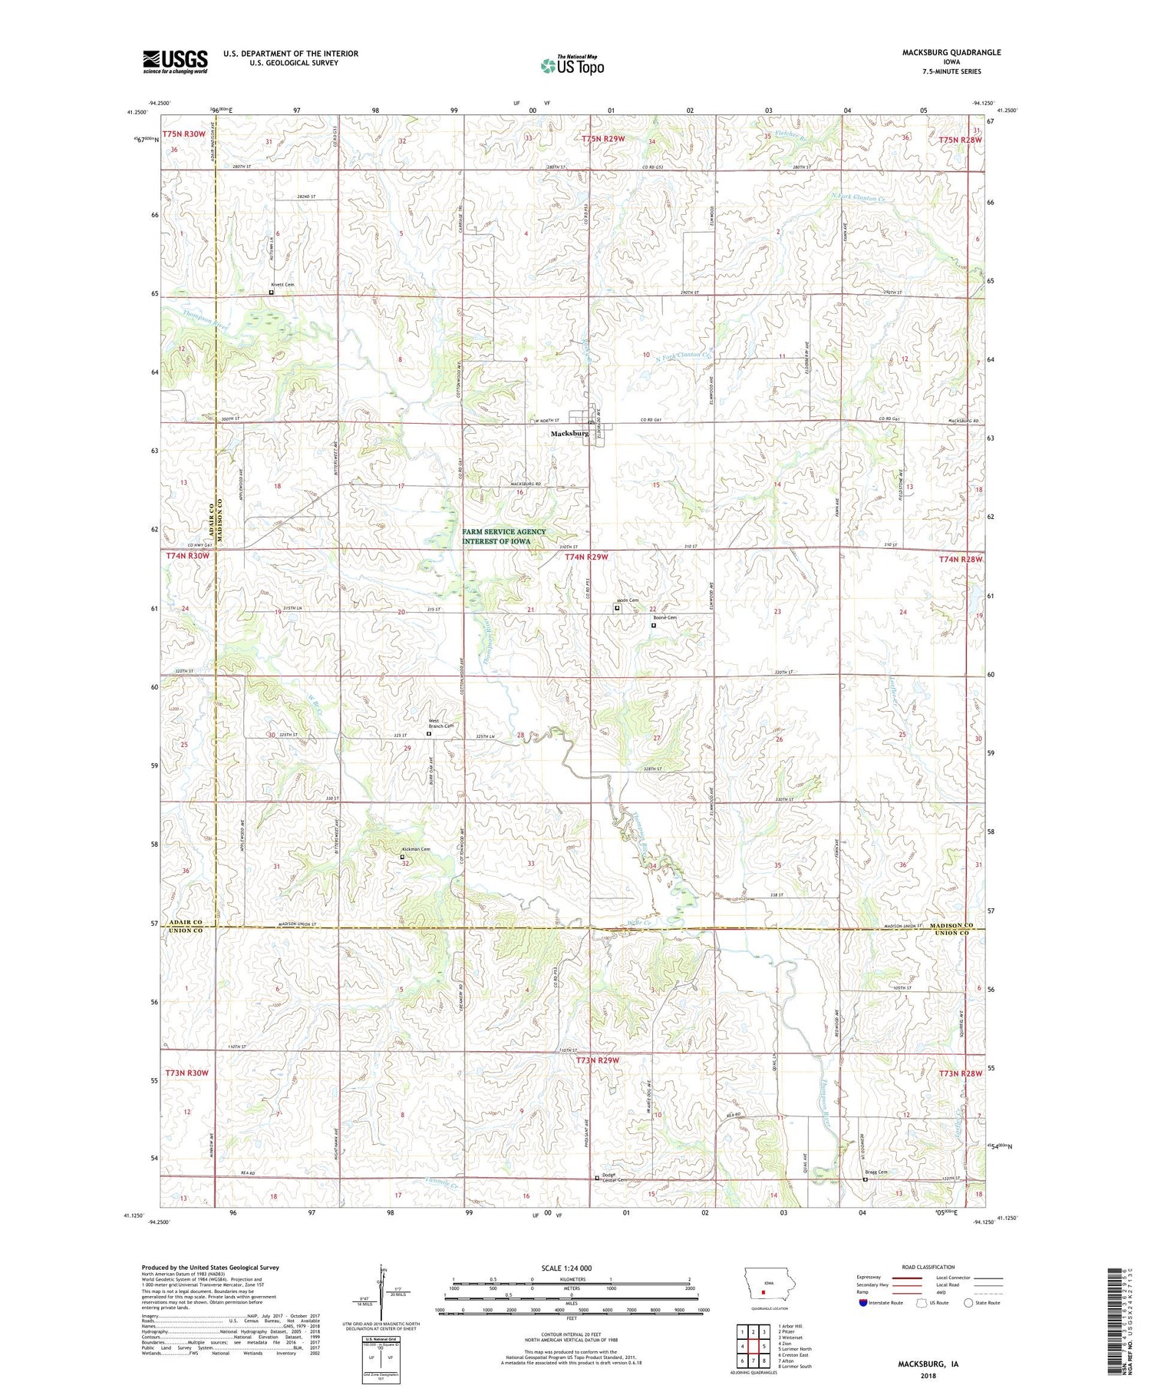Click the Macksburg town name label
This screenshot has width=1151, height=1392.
tap(569, 434)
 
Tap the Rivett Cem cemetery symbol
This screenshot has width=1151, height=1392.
tap(271, 292)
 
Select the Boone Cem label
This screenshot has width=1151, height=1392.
tap(665, 617)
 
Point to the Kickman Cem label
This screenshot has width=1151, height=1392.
tap(416, 849)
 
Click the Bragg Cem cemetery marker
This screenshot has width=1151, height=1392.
tap(866, 1180)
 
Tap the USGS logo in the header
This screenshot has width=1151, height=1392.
tap(175, 61)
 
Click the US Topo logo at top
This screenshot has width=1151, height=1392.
tap(572, 65)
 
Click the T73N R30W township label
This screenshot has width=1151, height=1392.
tap(186, 1072)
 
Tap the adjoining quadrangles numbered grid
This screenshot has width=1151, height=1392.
tap(751, 1346)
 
